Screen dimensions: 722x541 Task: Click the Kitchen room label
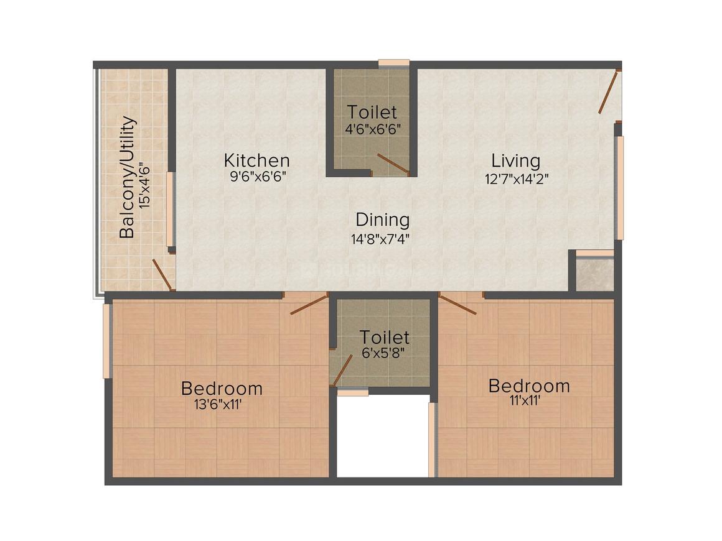click(x=256, y=160)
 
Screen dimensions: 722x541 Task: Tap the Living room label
click(x=516, y=160)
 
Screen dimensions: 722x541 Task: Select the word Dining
click(x=382, y=220)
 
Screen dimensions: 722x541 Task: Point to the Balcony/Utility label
click(x=128, y=177)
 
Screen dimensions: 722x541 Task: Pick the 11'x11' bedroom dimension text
click(x=525, y=400)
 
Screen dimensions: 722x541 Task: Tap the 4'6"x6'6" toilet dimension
click(x=372, y=128)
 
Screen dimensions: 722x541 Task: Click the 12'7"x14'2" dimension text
click(x=517, y=178)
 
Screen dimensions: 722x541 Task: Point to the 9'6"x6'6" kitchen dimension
click(x=258, y=177)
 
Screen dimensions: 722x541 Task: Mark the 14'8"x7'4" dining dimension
click(x=380, y=239)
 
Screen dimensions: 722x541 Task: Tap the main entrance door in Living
click(x=609, y=91)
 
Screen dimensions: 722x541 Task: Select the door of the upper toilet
click(x=393, y=164)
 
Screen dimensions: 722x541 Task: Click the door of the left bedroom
click(x=309, y=303)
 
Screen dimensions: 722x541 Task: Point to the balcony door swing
click(x=163, y=275)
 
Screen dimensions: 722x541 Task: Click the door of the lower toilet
click(x=342, y=371)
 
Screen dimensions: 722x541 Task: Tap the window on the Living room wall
click(x=620, y=188)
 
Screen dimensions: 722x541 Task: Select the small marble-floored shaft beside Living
click(x=595, y=275)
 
